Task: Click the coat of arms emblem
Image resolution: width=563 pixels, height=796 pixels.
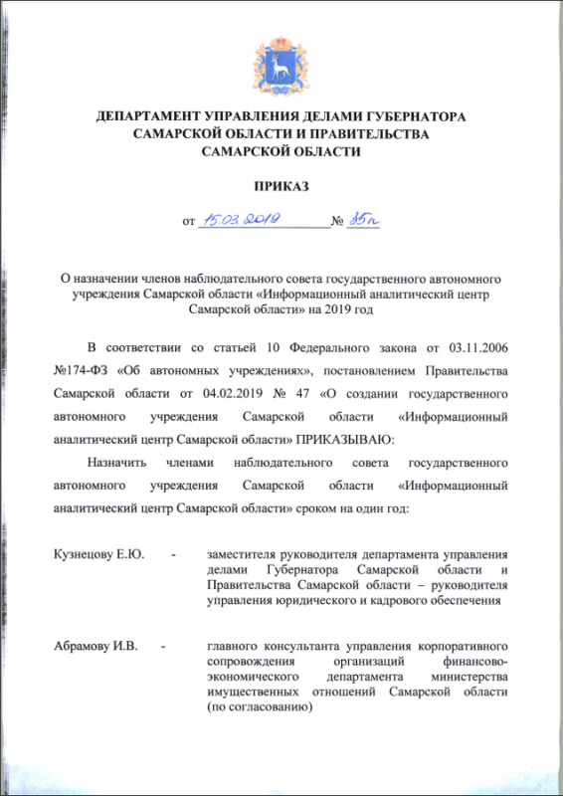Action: pos(281,62)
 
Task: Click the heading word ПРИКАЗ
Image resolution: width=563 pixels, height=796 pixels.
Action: pos(281,186)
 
